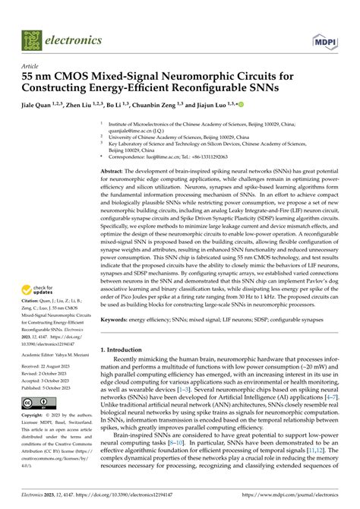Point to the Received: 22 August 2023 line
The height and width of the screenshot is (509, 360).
pos(54,365)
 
